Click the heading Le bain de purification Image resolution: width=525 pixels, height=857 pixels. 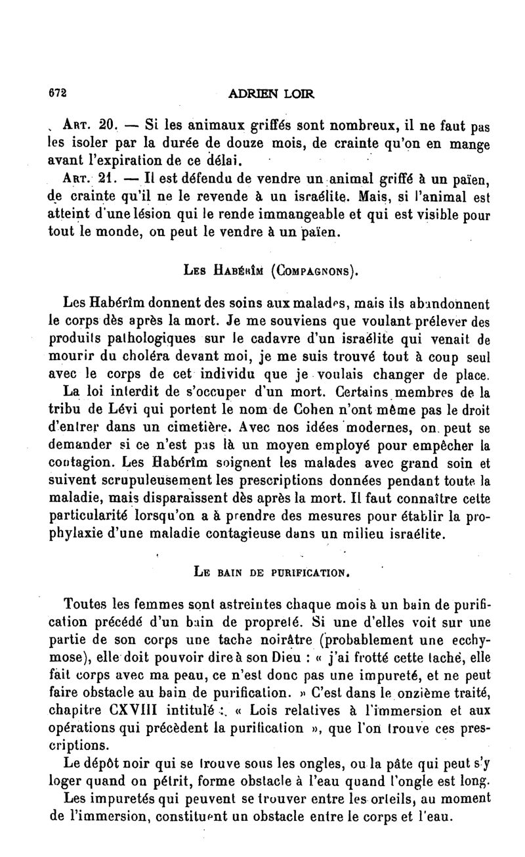270,572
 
